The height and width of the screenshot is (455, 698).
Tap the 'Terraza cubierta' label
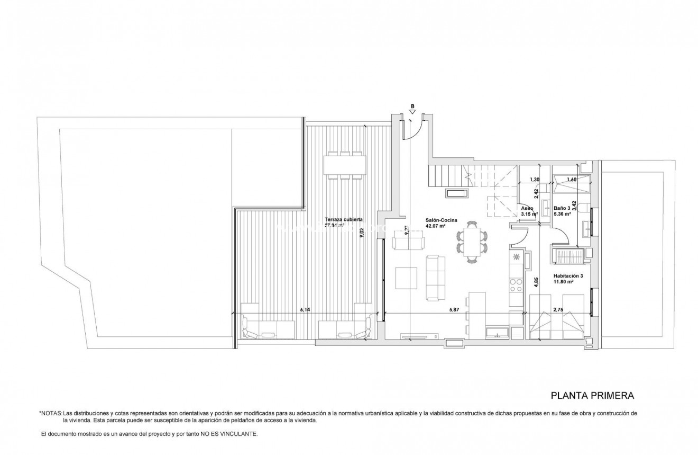click(x=343, y=219)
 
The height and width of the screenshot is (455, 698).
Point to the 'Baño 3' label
click(x=562, y=208)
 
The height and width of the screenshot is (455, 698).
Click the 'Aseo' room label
click(x=527, y=209)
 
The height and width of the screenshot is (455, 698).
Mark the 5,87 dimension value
click(x=454, y=310)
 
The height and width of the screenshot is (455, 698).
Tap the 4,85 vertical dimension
click(x=536, y=282)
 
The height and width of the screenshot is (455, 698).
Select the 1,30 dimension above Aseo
click(x=535, y=180)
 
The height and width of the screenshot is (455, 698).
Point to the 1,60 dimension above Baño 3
click(x=571, y=180)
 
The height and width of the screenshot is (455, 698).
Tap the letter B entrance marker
click(x=412, y=106)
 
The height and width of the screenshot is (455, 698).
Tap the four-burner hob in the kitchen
click(x=516, y=286)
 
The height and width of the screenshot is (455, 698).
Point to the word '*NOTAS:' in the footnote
click(x=51, y=413)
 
